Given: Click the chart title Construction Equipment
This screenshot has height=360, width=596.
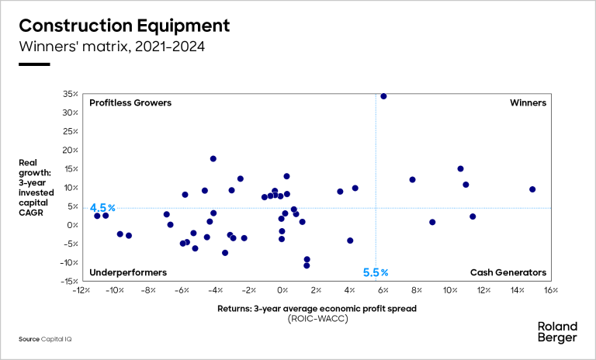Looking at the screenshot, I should tap(124, 25).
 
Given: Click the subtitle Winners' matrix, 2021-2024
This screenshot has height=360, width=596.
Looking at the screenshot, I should tap(112, 47).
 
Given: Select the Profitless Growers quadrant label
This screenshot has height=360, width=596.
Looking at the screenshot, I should tap(130, 102).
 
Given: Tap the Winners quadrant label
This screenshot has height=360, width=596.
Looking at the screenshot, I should tap(528, 102).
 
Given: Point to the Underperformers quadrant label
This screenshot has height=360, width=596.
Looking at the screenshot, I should tap(128, 272).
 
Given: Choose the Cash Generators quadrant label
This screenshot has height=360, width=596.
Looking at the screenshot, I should tap(508, 272).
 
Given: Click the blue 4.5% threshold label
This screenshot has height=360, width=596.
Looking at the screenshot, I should tap(102, 208).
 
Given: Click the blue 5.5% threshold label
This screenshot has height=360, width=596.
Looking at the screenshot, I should tap(376, 272).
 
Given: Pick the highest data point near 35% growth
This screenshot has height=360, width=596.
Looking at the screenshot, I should tap(383, 96).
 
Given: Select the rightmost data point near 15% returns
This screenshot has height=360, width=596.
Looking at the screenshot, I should tap(532, 189).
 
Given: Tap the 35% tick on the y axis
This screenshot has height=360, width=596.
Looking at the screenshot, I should tap(69, 94).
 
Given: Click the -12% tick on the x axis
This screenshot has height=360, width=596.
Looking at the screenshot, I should tap(81, 291).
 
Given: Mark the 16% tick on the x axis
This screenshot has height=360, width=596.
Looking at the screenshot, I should tap(550, 291).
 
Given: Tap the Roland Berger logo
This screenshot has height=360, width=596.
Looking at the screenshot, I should tap(557, 331).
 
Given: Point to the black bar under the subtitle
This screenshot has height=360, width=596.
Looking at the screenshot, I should tap(34, 64).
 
